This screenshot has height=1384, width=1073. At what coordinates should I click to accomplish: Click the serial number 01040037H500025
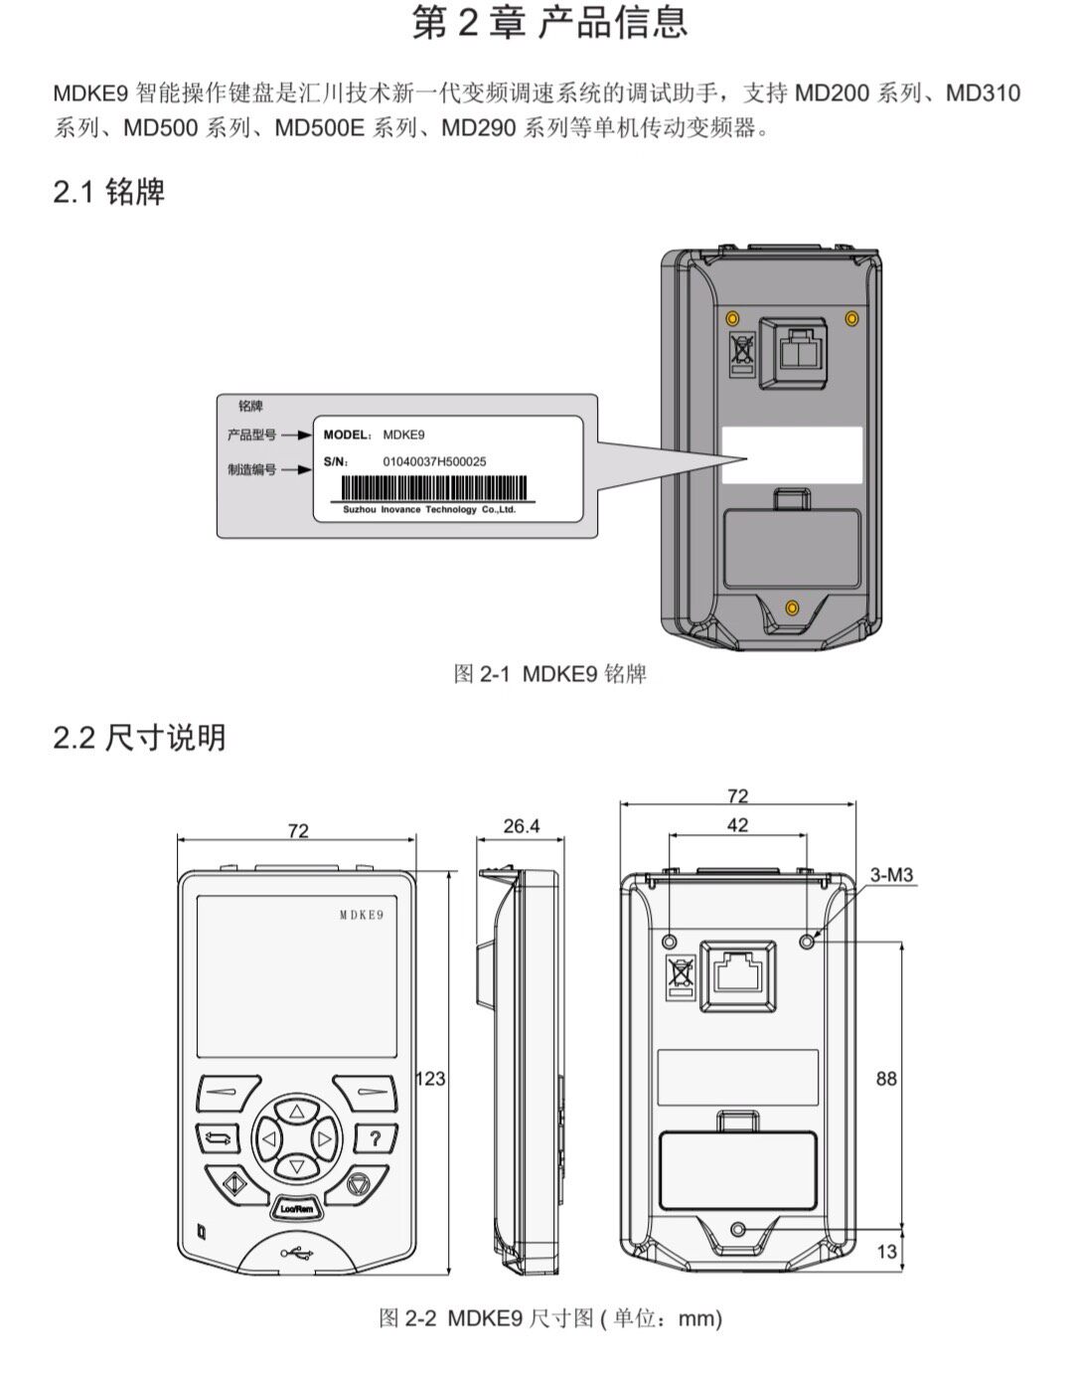pyautogui.click(x=434, y=461)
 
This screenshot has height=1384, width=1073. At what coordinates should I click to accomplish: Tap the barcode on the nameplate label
pyautogui.click(x=435, y=487)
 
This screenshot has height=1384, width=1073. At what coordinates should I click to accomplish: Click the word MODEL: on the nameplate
pyautogui.click(x=348, y=435)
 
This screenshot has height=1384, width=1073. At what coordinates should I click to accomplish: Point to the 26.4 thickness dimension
pyautogui.click(x=522, y=826)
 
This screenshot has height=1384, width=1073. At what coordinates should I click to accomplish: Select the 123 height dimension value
pyautogui.click(x=430, y=1079)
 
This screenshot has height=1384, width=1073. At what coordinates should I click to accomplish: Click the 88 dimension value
pyautogui.click(x=886, y=1079)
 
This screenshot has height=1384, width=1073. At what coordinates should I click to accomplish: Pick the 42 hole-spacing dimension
pyautogui.click(x=737, y=825)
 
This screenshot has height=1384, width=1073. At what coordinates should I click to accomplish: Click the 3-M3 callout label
pyautogui.click(x=891, y=875)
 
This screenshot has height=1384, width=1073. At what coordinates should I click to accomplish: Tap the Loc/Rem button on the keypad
pyautogui.click(x=297, y=1209)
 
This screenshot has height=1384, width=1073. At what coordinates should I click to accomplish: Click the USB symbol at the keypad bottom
pyautogui.click(x=297, y=1254)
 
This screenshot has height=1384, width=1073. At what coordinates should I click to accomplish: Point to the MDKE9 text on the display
pyautogui.click(x=362, y=916)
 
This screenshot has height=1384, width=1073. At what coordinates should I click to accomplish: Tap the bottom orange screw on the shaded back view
pyautogui.click(x=792, y=607)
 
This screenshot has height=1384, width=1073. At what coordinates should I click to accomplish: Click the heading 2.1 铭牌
pyautogui.click(x=109, y=192)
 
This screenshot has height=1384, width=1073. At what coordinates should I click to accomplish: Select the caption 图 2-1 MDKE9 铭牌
pyautogui.click(x=549, y=674)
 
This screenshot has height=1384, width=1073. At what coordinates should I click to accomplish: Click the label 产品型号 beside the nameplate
pyautogui.click(x=251, y=435)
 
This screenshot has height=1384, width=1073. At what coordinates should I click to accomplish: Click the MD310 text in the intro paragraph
pyautogui.click(x=983, y=93)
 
